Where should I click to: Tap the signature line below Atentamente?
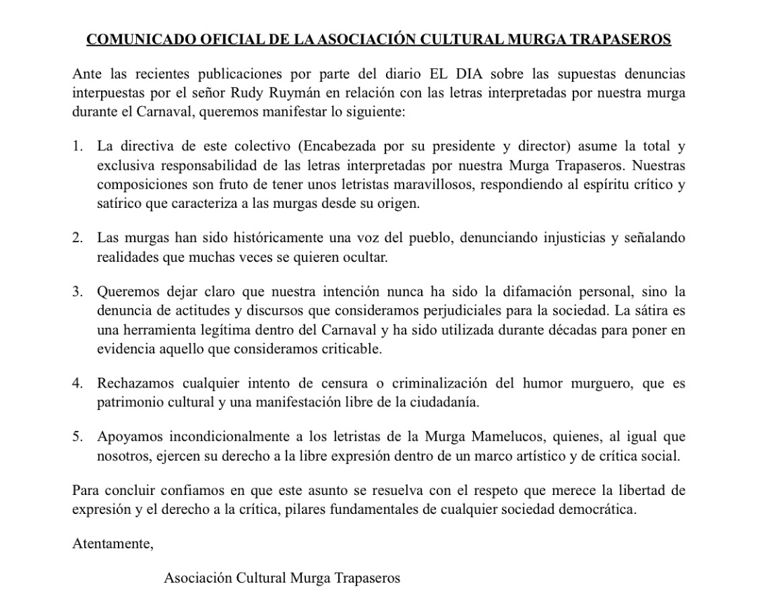click(x=281, y=578)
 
